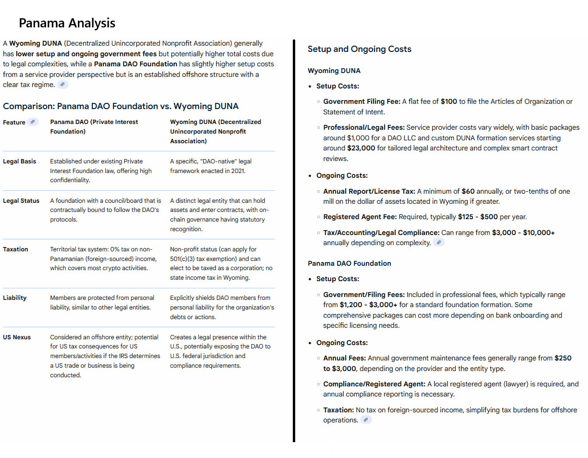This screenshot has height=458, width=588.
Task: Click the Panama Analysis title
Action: pos(67,23)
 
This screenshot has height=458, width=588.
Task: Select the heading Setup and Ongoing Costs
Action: pos(359,49)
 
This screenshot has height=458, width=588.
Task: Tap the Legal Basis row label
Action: pos(19,161)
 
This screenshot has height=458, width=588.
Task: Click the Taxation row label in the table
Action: pos(15,249)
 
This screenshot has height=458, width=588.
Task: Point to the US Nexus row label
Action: pos(17,337)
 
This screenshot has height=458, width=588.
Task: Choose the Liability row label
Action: pos(14,298)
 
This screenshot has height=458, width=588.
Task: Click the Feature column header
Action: pos(14,123)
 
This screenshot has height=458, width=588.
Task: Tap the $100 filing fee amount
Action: pos(449,101)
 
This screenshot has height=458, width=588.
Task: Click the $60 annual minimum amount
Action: pos(468,191)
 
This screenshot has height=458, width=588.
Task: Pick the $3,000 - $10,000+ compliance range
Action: pos(523,233)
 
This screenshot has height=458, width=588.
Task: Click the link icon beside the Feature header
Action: pos(33,122)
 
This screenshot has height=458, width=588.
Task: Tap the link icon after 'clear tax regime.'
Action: pos(63,85)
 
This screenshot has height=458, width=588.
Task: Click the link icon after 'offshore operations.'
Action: pos(366,420)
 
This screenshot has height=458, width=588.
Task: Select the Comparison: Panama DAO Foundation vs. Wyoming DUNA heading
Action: pos(121,106)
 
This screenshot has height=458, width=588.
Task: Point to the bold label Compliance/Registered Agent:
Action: pos(374,384)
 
